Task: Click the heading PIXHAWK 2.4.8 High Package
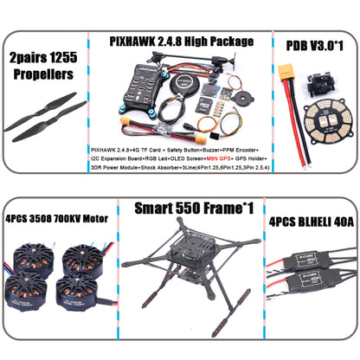pos(182,40)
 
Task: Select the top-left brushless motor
pos(31,257)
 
